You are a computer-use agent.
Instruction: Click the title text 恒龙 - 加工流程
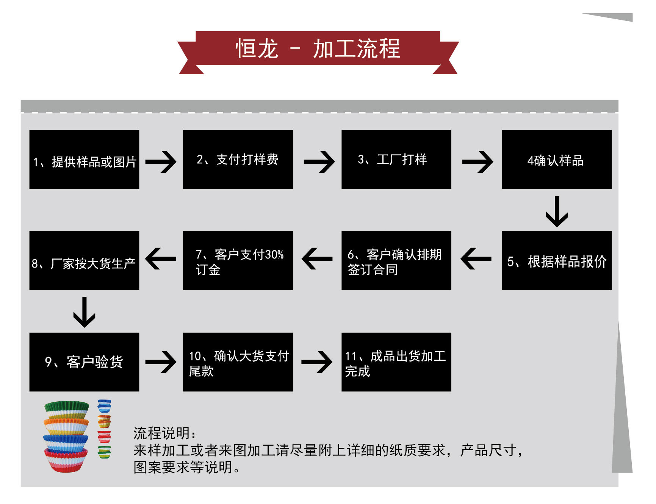(318, 49)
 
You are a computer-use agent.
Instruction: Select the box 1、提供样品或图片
(84, 160)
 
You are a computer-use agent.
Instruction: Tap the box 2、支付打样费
(238, 160)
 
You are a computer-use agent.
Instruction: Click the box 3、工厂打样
(396, 160)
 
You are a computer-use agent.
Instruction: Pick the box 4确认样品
(556, 160)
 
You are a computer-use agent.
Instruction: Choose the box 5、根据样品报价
(556, 261)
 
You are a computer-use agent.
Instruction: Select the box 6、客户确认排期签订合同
(396, 261)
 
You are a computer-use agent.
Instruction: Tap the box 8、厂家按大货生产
(84, 261)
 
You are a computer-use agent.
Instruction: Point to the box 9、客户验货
(84, 362)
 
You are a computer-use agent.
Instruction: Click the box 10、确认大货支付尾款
(238, 362)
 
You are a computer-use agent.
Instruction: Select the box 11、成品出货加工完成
(396, 362)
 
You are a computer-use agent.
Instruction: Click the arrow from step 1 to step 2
(161, 162)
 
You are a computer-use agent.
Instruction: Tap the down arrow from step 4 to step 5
(556, 211)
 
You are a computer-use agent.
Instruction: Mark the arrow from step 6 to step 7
(317, 259)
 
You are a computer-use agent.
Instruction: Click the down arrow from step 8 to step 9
(84, 312)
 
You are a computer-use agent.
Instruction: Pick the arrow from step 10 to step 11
(317, 362)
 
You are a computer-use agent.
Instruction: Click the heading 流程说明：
(165, 433)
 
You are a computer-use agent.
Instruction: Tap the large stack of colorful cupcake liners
(66, 436)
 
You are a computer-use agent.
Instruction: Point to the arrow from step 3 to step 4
(478, 162)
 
